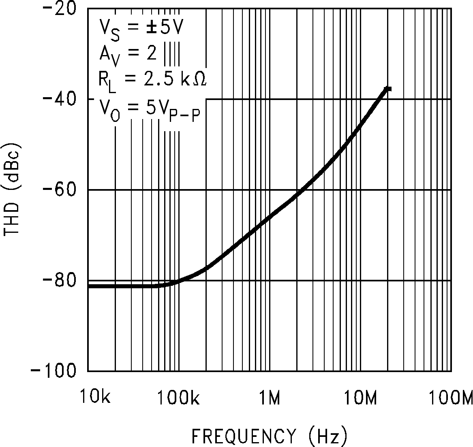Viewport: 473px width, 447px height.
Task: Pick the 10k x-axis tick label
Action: point(94,398)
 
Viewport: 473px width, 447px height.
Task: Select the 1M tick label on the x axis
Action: point(269,398)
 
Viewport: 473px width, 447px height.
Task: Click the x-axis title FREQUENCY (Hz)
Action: point(269,436)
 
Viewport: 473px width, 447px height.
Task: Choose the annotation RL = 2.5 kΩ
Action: point(152,79)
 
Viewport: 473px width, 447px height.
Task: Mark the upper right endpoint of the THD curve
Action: point(388,89)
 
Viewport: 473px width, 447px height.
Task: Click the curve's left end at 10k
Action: point(89,286)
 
